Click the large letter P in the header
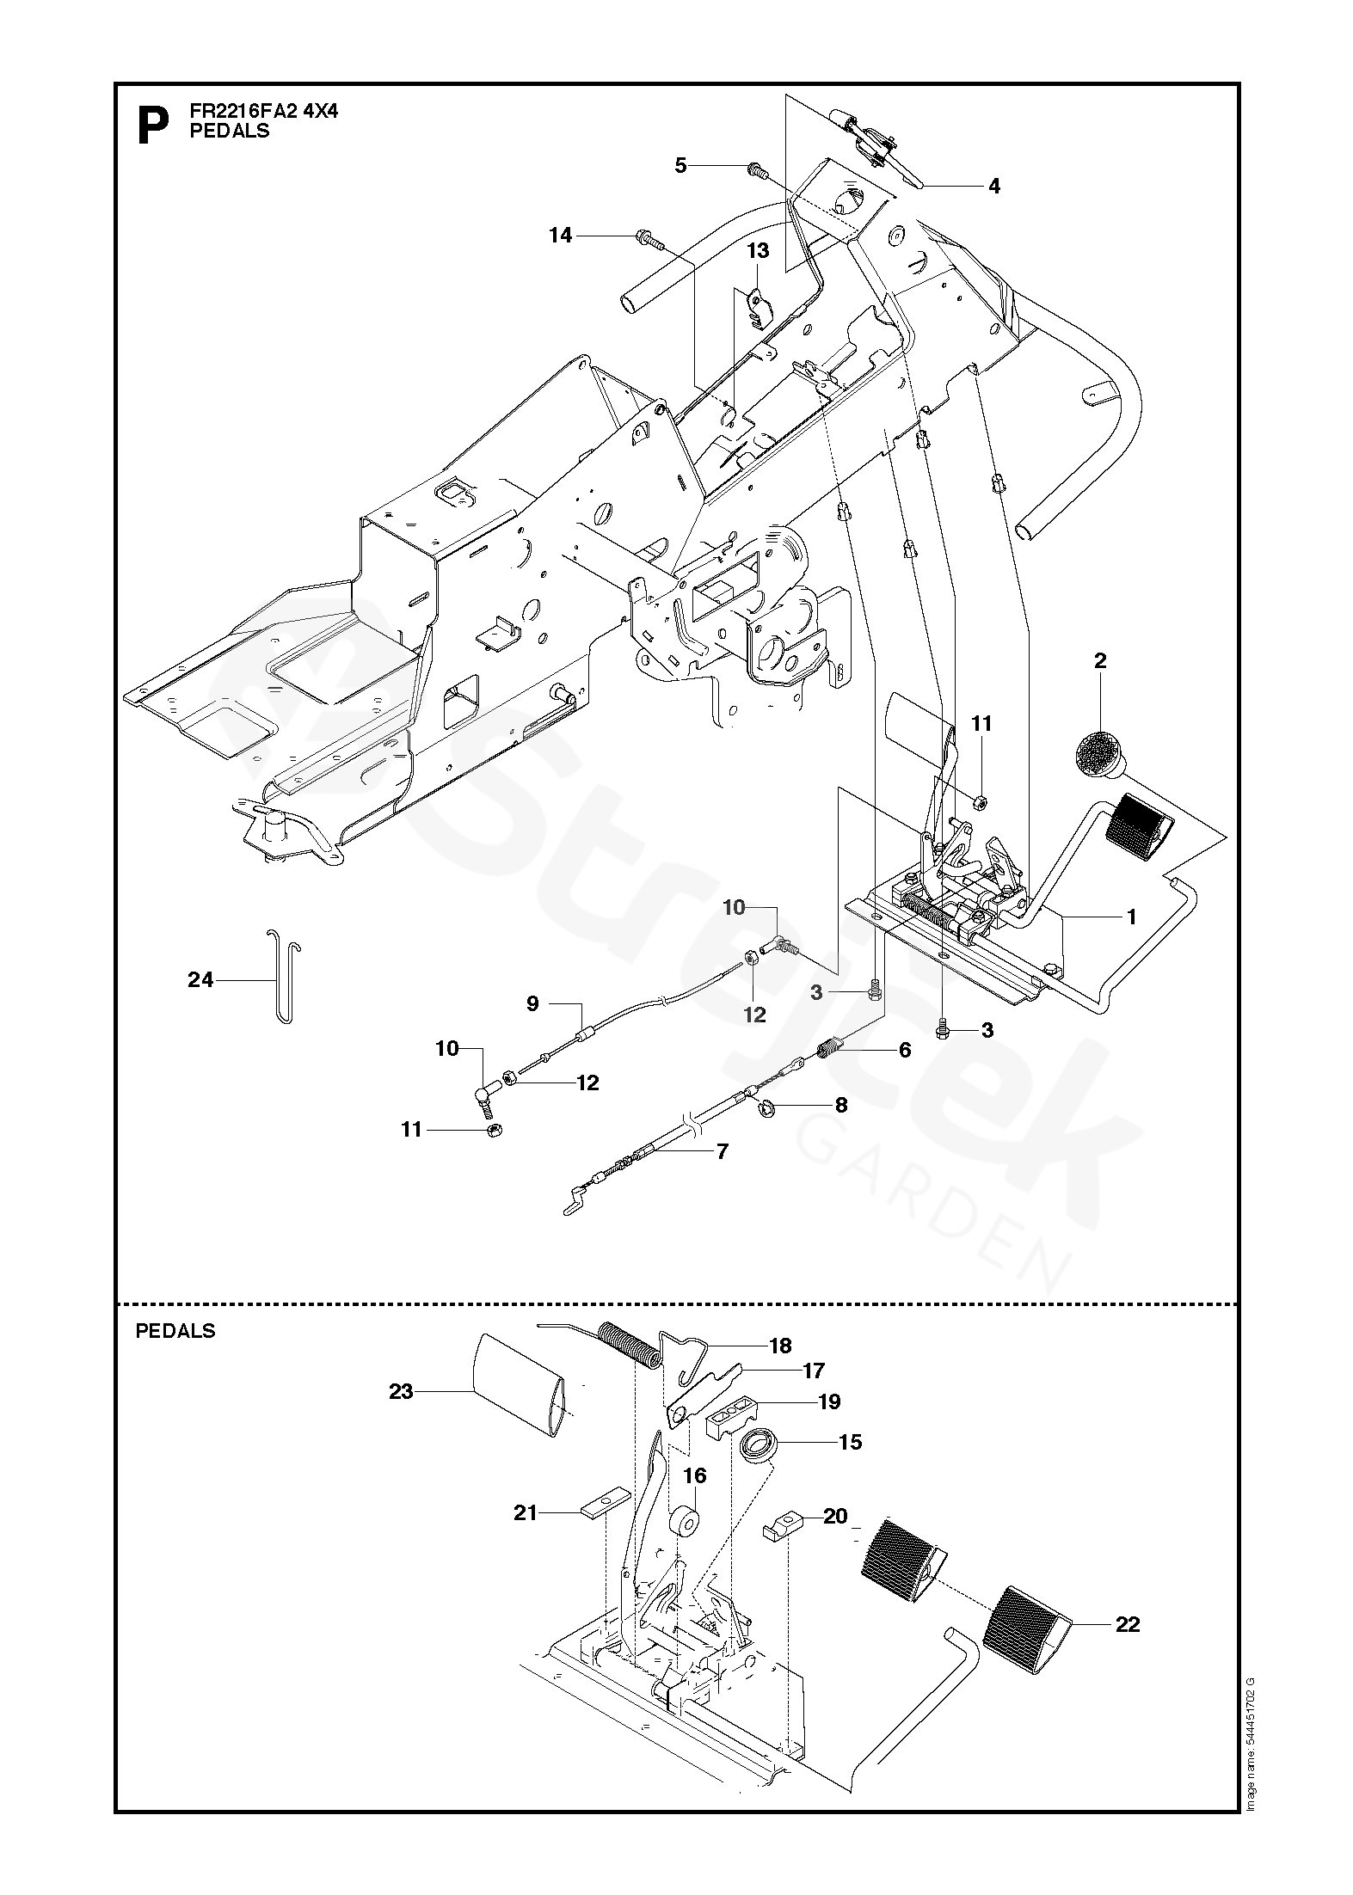point(153,126)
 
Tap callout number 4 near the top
point(994,186)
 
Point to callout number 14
point(561,235)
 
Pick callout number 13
point(758,251)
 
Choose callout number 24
point(200,978)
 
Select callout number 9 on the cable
point(532,1003)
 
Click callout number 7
point(723,1150)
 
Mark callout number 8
point(840,1105)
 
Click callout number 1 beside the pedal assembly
point(1132,917)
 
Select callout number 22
point(1127,1624)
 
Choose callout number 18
point(780,1346)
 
